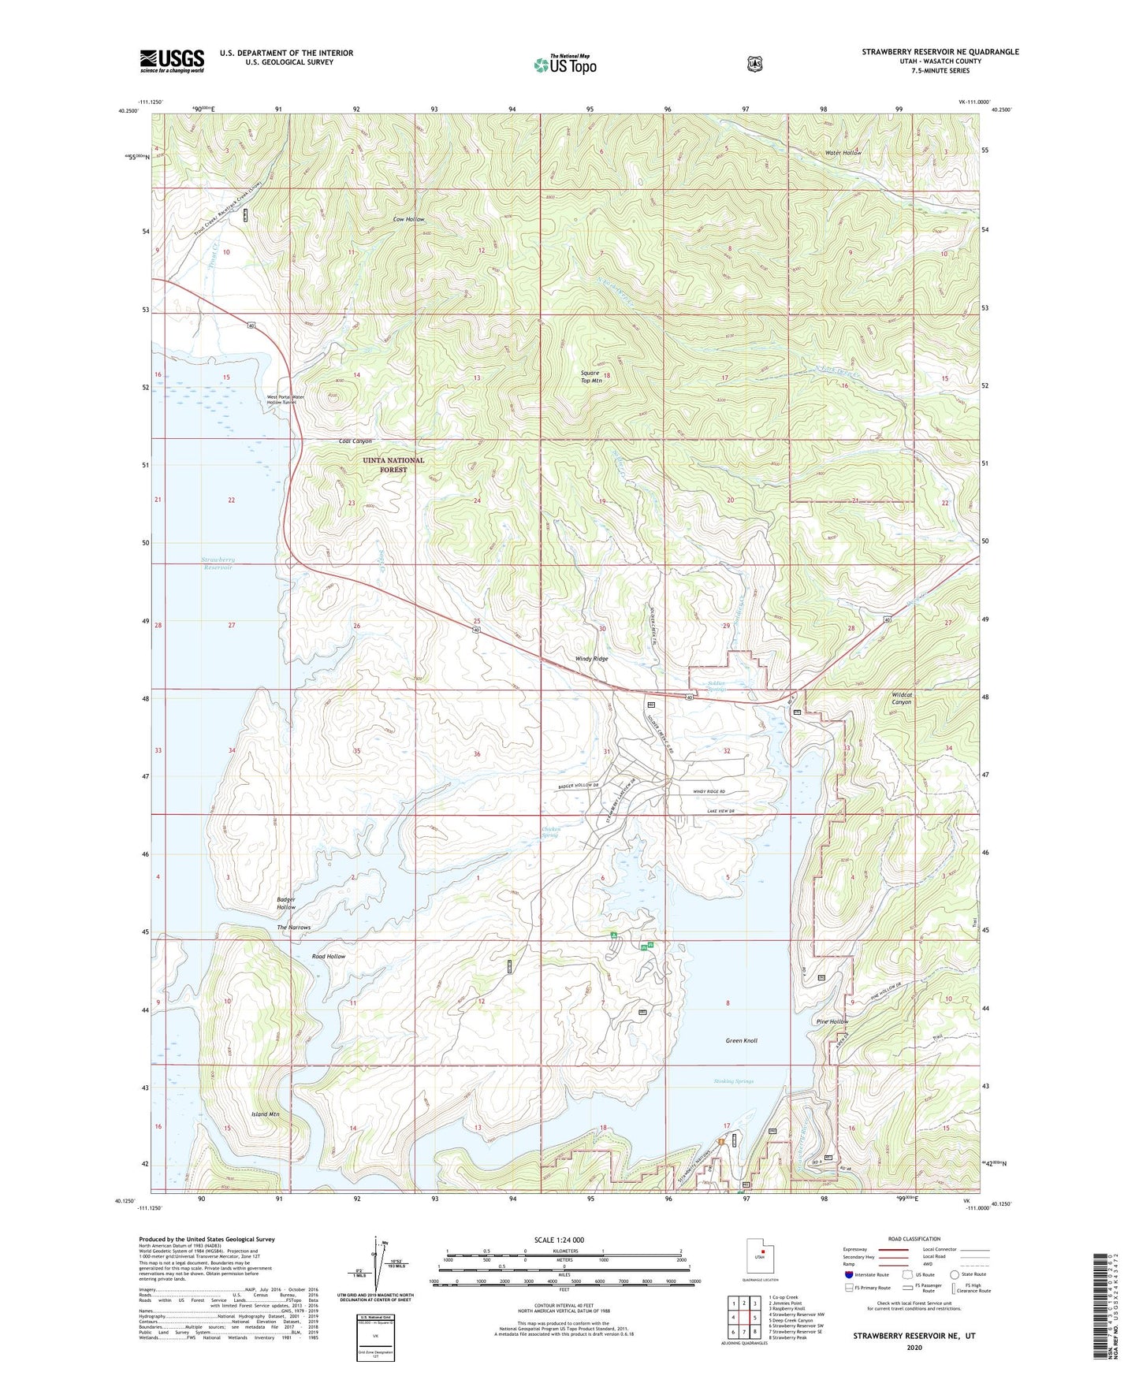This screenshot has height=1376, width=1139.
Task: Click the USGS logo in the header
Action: click(x=172, y=60)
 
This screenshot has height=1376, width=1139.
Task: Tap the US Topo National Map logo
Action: click(x=564, y=64)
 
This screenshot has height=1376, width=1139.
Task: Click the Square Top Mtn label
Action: click(x=591, y=377)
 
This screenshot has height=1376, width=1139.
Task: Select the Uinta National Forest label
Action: click(x=393, y=464)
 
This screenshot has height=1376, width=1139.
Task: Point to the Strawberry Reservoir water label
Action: click(x=218, y=563)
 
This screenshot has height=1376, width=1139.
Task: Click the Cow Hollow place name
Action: click(x=410, y=219)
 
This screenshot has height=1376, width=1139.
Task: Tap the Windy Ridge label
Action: click(x=592, y=658)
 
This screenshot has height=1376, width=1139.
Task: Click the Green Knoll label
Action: click(x=741, y=1040)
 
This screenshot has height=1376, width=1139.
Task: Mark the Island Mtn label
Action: click(x=265, y=1114)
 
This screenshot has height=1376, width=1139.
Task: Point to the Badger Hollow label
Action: click(x=286, y=903)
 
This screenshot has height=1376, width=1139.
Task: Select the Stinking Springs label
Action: click(x=730, y=1081)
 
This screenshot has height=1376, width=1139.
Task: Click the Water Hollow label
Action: click(x=843, y=152)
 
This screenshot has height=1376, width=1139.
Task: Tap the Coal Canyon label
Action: click(x=355, y=441)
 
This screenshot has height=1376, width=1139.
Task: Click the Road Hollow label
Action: click(x=329, y=956)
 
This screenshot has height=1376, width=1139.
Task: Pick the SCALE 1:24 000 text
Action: click(x=559, y=1240)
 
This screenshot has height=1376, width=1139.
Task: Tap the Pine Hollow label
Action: click(x=832, y=1021)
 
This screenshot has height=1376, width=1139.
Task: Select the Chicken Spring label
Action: click(x=550, y=831)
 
